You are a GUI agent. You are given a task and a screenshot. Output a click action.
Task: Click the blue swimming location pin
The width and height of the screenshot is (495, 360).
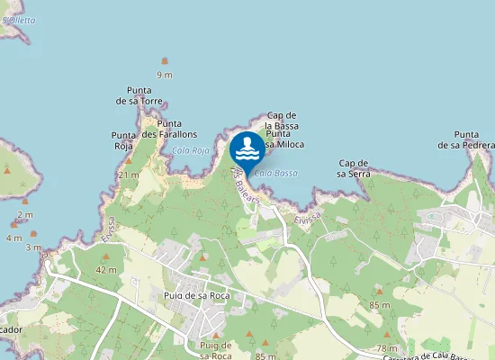(x=247, y=148)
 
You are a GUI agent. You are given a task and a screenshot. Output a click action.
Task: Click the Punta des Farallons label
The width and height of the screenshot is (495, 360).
(x=163, y=129)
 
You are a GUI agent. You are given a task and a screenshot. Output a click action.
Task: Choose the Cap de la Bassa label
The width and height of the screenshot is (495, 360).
(x=282, y=121)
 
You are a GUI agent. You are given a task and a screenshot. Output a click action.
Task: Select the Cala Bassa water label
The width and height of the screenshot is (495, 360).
(x=275, y=173)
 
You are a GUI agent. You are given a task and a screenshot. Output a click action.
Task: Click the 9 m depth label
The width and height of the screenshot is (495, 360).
(x=164, y=75)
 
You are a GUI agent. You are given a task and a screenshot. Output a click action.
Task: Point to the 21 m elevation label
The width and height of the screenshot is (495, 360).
(x=129, y=175)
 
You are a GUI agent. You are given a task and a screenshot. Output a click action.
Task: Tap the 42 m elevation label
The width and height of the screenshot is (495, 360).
(x=107, y=270)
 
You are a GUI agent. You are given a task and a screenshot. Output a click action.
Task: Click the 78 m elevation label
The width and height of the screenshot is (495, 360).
(x=387, y=347)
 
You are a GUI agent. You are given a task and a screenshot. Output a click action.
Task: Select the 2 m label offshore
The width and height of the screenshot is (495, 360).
(x=24, y=215)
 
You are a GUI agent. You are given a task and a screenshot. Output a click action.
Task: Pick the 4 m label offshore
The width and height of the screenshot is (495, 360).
(x=13, y=238)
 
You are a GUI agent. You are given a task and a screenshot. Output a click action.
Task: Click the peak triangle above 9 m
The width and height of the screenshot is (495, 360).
(x=164, y=61)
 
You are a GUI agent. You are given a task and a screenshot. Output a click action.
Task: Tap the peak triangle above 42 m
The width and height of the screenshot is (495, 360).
(x=107, y=257)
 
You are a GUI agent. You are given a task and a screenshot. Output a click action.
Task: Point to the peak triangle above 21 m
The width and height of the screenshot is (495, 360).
(x=129, y=162)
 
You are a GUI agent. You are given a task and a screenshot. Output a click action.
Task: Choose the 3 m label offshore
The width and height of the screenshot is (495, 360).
(x=33, y=247)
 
